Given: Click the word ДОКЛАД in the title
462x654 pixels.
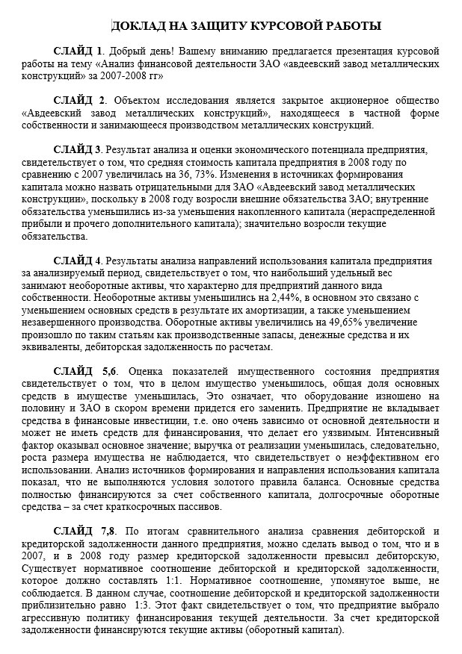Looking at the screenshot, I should pyautogui.click(x=138, y=27).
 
